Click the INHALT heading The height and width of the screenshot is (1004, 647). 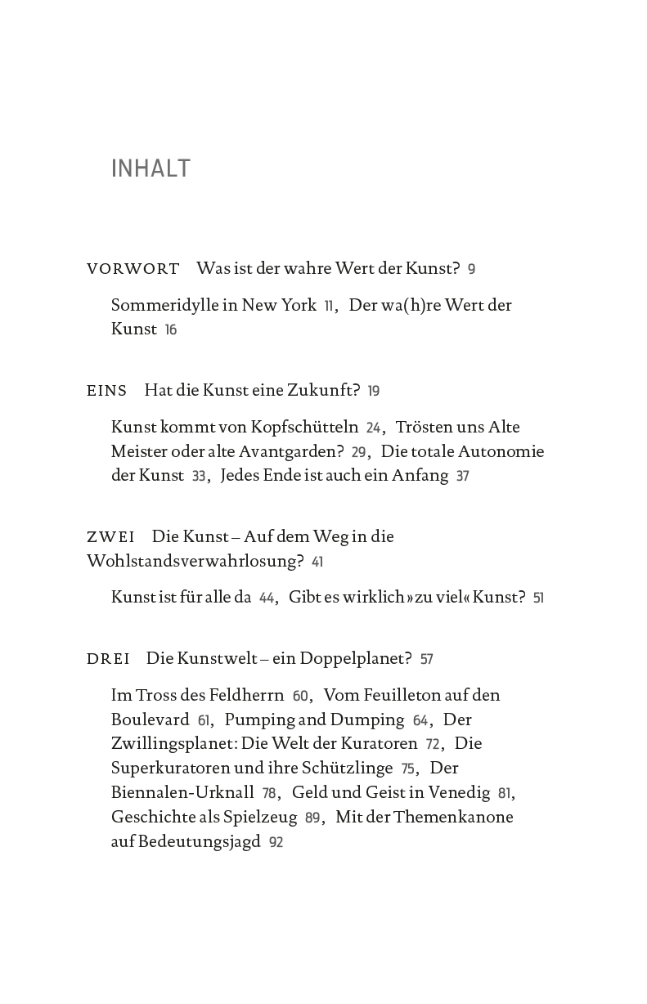(x=151, y=168)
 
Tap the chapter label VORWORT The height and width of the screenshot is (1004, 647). (x=133, y=269)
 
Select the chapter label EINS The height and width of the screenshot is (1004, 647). (x=107, y=391)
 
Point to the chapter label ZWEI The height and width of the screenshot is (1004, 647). (x=110, y=537)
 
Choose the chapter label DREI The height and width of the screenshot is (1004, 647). (x=108, y=659)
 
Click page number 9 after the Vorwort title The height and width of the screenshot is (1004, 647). (x=472, y=270)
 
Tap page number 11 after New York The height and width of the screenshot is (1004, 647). (x=329, y=306)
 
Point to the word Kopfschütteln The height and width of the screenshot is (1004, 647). (x=308, y=428)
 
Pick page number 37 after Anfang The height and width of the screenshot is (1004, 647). (x=463, y=477)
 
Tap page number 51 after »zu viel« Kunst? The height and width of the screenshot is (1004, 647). (x=538, y=598)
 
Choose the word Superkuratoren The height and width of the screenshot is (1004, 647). (x=175, y=769)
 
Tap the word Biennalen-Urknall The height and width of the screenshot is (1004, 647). (x=182, y=793)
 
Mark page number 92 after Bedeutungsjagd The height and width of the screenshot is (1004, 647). (x=276, y=842)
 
